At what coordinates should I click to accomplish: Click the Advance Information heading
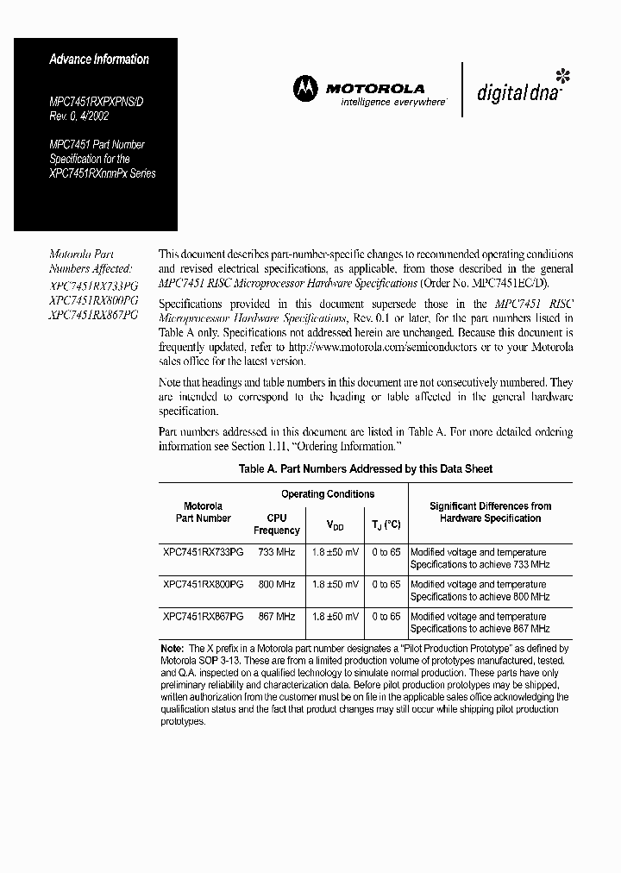point(98,60)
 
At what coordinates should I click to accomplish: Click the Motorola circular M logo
point(304,87)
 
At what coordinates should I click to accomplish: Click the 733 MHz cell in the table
point(276,552)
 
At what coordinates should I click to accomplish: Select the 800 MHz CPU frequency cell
point(276,584)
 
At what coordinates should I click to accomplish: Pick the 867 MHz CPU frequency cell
point(276,617)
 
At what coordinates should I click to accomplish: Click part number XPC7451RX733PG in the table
point(203,552)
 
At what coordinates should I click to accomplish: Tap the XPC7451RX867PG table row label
point(203,617)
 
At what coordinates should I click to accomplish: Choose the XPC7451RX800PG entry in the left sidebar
point(93,300)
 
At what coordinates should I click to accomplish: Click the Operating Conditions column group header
point(328,494)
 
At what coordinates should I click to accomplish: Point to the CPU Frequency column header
point(276,524)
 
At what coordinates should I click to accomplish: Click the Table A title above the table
point(365,468)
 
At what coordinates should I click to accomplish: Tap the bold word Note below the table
point(172,648)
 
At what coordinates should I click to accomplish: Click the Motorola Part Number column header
point(203,512)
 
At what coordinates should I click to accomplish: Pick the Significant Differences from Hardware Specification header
point(490,512)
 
